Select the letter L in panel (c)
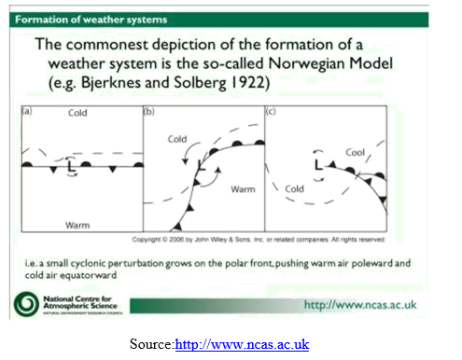coord(319,165)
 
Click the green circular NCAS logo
coord(34,304)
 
